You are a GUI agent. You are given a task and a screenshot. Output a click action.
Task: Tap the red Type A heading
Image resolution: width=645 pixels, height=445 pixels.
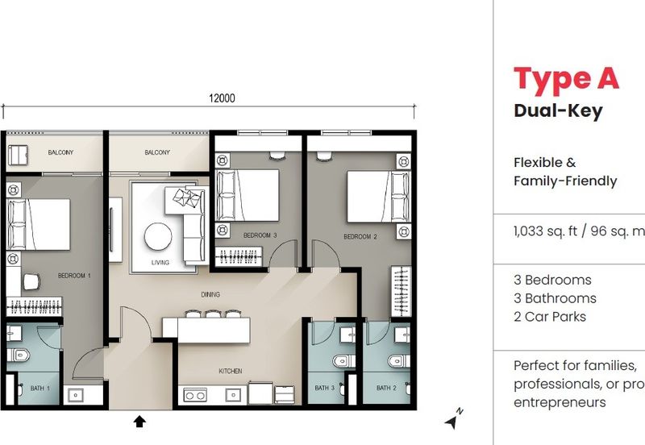point(566,79)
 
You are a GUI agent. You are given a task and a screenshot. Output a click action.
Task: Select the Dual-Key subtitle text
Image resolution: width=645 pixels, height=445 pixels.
point(558,111)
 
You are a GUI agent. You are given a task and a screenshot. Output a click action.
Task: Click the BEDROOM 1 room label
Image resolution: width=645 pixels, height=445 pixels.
point(74,276)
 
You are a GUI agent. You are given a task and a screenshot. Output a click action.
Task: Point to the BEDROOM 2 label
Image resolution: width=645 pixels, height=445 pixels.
point(360,236)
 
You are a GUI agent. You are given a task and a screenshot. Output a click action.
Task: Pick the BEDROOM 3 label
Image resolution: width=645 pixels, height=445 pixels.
point(260,235)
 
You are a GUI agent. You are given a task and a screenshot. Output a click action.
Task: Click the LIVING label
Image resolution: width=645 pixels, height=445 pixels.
point(160,263)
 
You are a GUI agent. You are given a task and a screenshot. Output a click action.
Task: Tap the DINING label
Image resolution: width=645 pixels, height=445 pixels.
point(210,295)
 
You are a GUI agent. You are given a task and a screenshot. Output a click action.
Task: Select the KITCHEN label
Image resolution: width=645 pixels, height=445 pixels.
point(230,372)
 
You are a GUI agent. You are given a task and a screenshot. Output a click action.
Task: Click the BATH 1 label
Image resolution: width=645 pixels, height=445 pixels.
point(40,389)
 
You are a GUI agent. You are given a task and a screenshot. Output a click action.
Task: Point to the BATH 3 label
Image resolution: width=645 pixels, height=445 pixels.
point(324,389)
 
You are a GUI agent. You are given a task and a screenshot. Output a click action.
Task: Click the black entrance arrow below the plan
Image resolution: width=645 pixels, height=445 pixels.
point(139,420)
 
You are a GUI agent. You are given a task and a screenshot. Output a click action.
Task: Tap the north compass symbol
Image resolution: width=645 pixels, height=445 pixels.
point(454,418)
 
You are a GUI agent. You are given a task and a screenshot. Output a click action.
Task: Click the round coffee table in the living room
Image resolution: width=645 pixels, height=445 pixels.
point(157,236)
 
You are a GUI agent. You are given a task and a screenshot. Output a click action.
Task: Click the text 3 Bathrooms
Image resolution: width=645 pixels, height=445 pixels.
point(555,298)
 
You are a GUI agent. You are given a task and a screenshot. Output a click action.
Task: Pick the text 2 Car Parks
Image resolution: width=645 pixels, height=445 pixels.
point(549,317)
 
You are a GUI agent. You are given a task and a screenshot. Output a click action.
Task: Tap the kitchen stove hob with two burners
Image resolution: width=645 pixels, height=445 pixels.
point(195,395)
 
